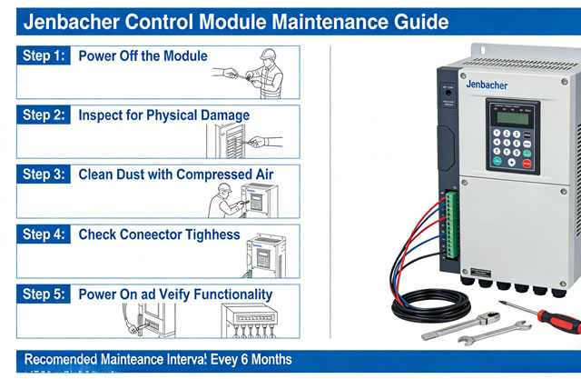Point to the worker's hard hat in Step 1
267,54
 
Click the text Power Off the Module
143,56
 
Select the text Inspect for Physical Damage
163,115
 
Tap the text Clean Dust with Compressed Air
175,175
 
